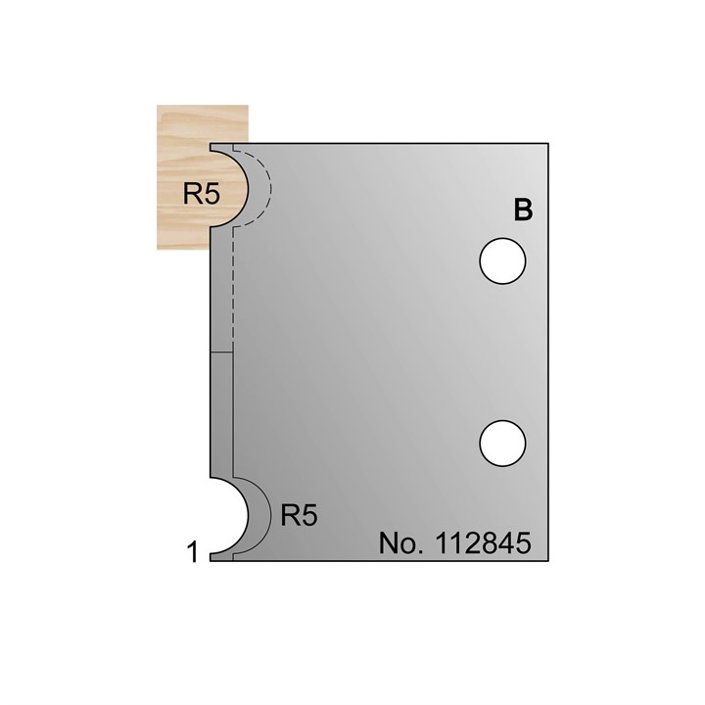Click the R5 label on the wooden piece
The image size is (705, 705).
click(x=200, y=193)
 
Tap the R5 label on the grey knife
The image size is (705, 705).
click(x=299, y=515)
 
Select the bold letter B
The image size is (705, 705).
click(x=523, y=211)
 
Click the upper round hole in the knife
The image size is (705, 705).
click(x=503, y=261)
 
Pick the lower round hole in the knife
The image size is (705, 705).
click(x=503, y=443)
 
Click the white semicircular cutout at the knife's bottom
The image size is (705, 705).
click(x=225, y=515)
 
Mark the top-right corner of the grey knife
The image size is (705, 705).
click(x=551, y=145)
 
